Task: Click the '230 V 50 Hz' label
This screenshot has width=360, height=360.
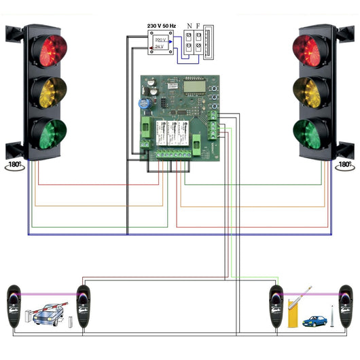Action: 163,26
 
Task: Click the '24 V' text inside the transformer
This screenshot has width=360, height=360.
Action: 161,48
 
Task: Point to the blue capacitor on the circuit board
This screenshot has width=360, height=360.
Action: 145,103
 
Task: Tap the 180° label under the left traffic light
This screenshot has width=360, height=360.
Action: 14,164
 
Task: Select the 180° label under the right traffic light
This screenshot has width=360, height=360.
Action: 345,164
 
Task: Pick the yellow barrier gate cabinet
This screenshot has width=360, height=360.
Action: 295,314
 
